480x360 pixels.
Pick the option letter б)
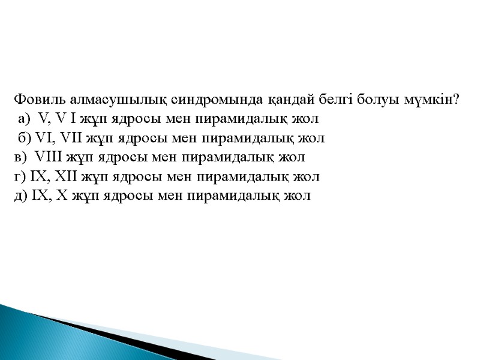(25, 138)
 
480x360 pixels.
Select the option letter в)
(19, 157)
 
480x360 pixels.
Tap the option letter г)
(19, 176)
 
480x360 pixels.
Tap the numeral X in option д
(58, 196)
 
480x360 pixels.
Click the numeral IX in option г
(38, 176)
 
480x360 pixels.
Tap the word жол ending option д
(298, 196)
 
